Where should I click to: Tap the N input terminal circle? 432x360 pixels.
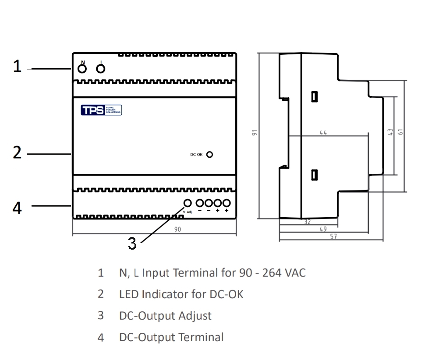(82, 69)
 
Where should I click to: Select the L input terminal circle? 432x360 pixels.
(101, 69)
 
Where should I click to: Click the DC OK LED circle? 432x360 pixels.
(210, 155)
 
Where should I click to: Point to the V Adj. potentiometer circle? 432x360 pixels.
(188, 203)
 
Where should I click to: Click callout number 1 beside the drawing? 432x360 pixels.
(17, 67)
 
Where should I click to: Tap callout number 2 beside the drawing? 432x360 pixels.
(17, 153)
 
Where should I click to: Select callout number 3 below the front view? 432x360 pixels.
(132, 244)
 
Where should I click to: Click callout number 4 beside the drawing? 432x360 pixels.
(17, 208)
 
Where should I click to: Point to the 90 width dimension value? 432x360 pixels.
(178, 229)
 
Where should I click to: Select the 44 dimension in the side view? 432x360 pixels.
(323, 132)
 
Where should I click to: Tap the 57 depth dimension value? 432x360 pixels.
(333, 236)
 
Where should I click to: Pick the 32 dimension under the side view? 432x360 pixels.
(307, 222)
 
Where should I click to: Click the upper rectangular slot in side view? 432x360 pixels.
(314, 96)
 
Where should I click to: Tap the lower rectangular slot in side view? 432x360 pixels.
(314, 175)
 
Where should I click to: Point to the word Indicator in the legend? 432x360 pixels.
(166, 294)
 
